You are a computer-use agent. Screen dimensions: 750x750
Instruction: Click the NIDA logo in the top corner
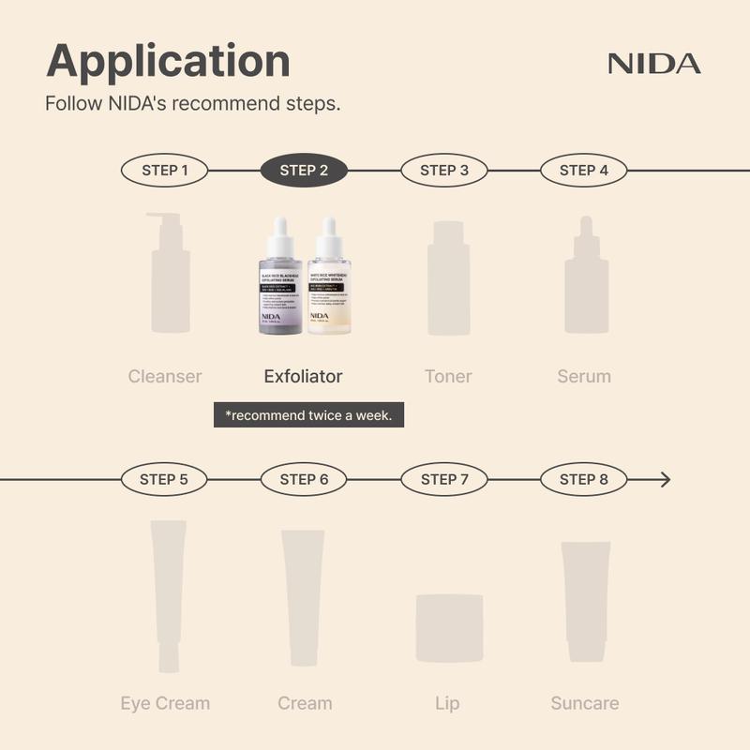pyautogui.click(x=653, y=64)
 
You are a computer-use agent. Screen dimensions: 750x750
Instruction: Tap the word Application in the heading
pyautogui.click(x=168, y=61)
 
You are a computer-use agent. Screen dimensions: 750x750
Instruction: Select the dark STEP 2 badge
pyautogui.click(x=304, y=171)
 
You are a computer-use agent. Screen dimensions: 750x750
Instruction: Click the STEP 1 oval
pyautogui.click(x=164, y=171)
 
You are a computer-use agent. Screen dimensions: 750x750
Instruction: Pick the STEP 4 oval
pyautogui.click(x=583, y=171)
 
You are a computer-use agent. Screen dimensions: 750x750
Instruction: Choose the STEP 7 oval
pyautogui.click(x=444, y=480)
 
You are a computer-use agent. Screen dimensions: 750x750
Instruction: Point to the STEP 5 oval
pyautogui.click(x=164, y=480)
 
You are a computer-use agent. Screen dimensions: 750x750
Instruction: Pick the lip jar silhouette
pyautogui.click(x=449, y=627)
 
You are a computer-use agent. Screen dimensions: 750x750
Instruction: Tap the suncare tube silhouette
pyautogui.click(x=585, y=600)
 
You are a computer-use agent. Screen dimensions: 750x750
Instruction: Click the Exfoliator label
pyautogui.click(x=303, y=377)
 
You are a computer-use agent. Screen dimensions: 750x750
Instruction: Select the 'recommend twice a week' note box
pyautogui.click(x=308, y=414)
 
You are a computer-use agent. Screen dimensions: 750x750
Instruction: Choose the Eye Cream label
pyautogui.click(x=165, y=703)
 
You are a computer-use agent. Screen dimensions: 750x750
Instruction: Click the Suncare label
pyautogui.click(x=584, y=703)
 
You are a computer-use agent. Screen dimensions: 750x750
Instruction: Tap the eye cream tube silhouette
pyautogui.click(x=169, y=596)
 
